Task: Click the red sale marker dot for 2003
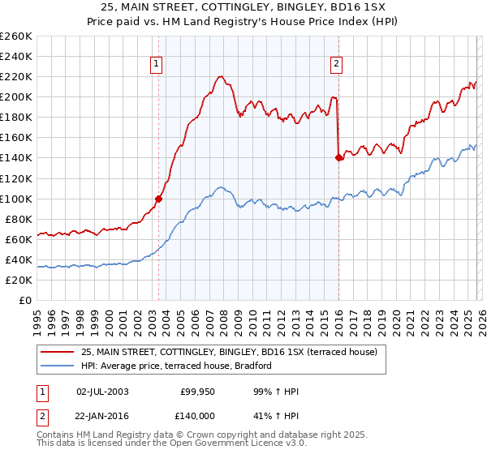click(158, 198)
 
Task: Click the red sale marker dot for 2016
click(338, 157)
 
